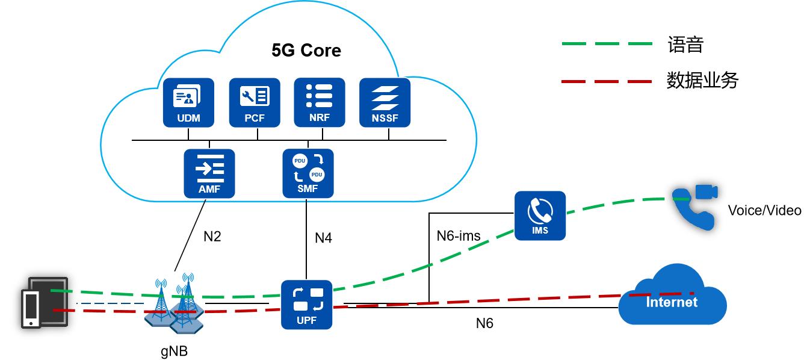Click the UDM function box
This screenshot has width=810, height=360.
click(188, 102)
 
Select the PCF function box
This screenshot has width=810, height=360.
click(255, 102)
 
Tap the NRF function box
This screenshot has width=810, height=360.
click(320, 102)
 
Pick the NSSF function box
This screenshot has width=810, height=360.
click(385, 102)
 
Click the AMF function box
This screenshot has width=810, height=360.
click(209, 173)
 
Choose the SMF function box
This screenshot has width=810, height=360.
click(308, 173)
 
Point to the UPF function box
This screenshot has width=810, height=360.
click(307, 305)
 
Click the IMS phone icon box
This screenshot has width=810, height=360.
click(540, 216)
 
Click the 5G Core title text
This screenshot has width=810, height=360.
click(306, 50)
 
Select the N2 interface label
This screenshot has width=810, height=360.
click(212, 237)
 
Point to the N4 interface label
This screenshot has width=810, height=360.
click(323, 238)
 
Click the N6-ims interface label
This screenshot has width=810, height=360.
click(459, 235)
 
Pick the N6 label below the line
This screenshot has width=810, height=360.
click(484, 323)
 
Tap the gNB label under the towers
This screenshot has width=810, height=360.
click(174, 350)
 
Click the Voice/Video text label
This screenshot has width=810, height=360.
click(764, 210)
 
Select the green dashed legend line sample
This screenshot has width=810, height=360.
click(607, 44)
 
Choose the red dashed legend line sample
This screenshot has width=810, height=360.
click(607, 81)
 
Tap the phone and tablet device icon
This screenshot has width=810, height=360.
click(44, 302)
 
